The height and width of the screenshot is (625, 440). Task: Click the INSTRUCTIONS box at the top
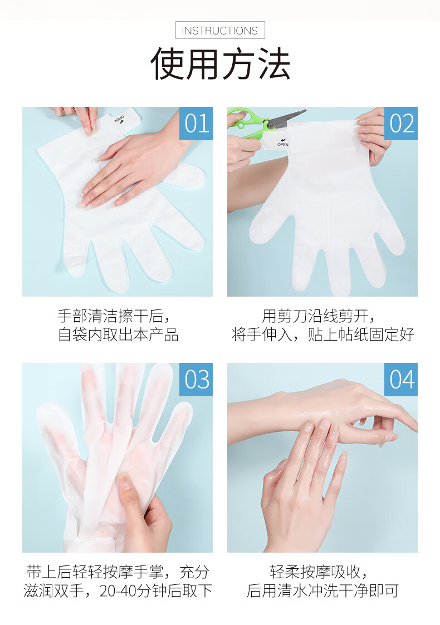point(220,30)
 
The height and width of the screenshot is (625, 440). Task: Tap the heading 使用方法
point(220,64)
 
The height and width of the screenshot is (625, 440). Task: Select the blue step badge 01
point(196,123)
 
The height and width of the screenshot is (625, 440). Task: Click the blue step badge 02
point(401,123)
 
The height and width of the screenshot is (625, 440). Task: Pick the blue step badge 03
point(196,379)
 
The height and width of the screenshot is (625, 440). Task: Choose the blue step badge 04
point(401,379)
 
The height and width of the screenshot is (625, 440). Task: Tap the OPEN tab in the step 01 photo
point(124,119)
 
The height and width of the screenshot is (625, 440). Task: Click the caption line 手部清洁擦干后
point(114,316)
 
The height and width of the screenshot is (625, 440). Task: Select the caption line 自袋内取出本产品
point(118,334)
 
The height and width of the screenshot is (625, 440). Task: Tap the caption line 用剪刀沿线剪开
point(319,316)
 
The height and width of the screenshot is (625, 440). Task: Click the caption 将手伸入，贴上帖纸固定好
point(322,334)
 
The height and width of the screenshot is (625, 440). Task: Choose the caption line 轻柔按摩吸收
point(319,572)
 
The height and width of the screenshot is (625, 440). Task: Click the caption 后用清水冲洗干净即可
point(322,590)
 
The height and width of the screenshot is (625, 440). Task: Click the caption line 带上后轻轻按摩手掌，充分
point(118,572)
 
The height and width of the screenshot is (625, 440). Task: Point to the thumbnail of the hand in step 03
point(124,481)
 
